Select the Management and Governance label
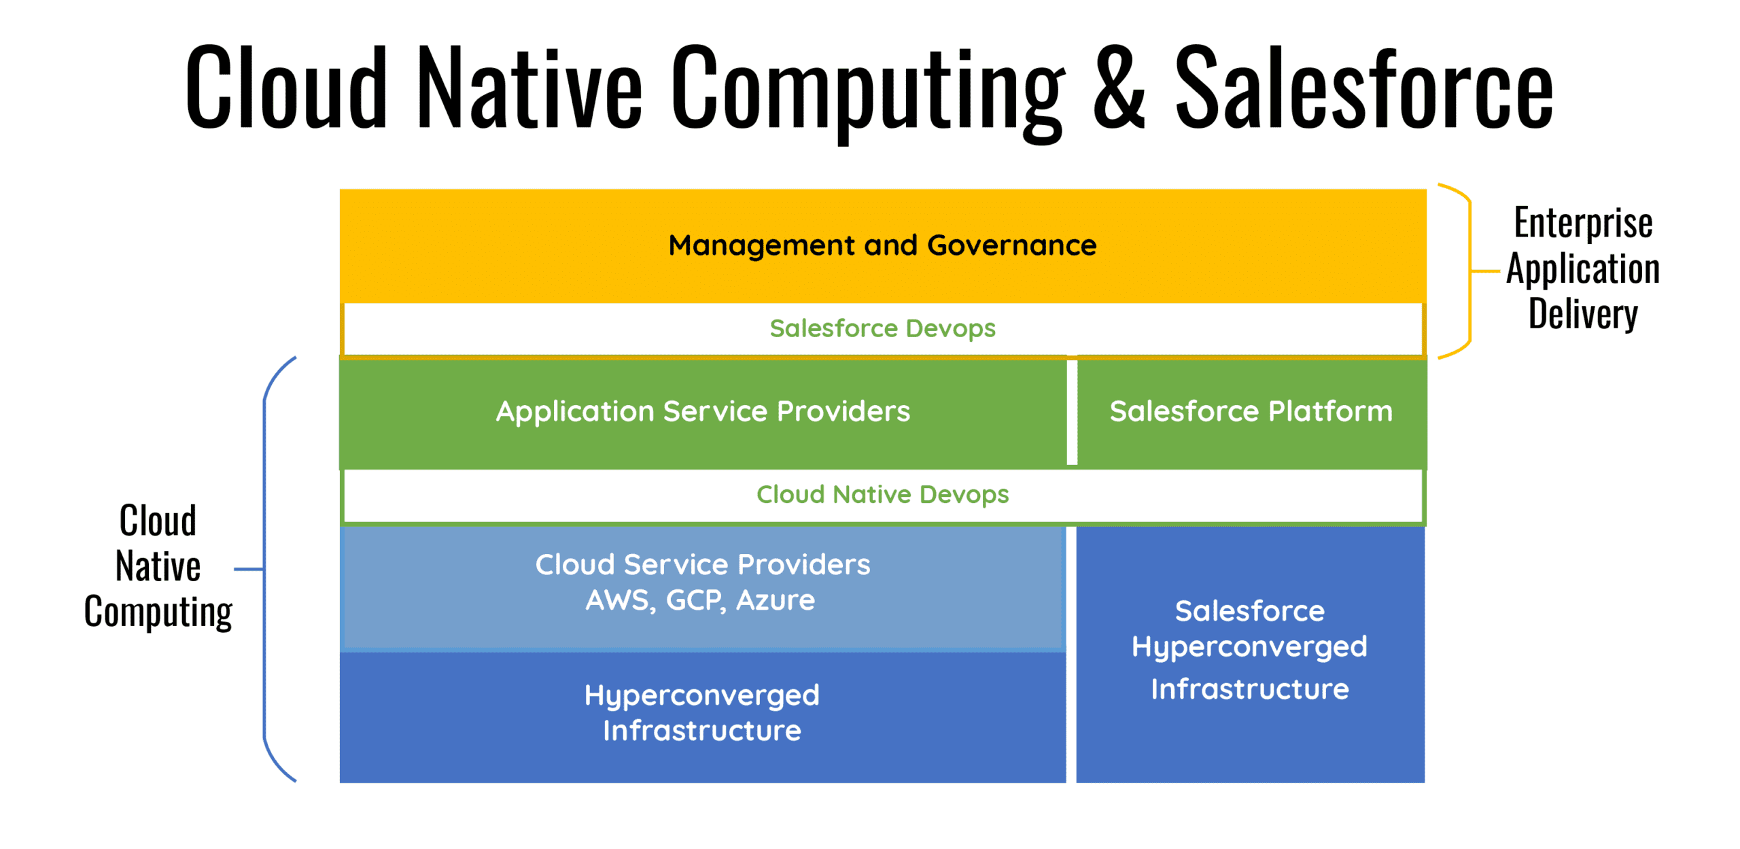click(882, 245)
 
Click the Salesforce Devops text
click(882, 329)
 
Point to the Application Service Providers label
click(702, 411)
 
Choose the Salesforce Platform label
click(1250, 411)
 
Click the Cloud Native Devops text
click(882, 494)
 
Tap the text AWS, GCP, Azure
click(700, 600)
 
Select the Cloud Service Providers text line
click(702, 564)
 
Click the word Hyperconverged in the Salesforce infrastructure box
click(1249, 647)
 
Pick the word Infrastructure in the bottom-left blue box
click(701, 731)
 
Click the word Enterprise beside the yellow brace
click(1582, 223)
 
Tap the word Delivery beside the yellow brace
click(1582, 314)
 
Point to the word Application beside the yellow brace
click(1582, 268)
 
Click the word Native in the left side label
click(158, 566)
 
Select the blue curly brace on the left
click(265, 569)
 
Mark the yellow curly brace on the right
click(1469, 271)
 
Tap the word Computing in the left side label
click(158, 612)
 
